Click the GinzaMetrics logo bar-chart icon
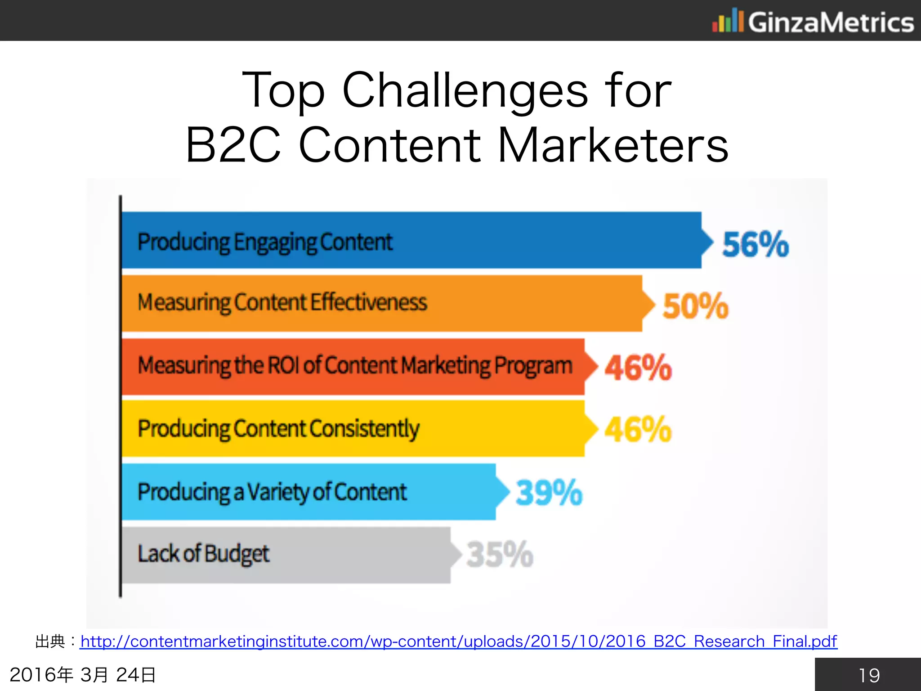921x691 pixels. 727,21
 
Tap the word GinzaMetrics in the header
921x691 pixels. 831,22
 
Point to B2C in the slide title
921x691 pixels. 233,145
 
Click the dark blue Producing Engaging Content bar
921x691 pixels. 540,240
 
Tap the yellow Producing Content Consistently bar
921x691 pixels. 495,429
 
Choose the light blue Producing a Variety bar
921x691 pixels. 450,492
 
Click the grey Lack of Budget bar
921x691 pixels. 360,555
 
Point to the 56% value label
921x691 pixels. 755,244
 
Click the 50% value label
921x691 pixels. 695,306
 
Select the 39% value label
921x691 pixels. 549,493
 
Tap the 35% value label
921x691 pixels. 500,554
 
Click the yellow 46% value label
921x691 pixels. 638,430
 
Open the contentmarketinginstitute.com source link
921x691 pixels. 458,641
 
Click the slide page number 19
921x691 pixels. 868,675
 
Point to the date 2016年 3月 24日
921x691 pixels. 83,675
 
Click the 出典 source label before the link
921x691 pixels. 50,641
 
